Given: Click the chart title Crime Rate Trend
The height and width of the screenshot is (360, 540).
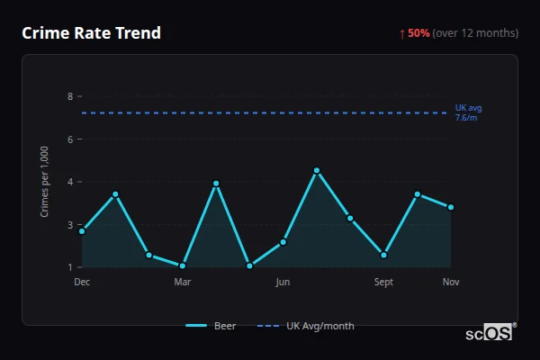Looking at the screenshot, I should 92,33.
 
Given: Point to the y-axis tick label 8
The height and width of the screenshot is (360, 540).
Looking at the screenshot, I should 70,96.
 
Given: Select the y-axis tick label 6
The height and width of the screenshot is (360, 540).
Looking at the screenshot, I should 70,139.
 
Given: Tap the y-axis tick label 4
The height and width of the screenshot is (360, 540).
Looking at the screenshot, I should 70,182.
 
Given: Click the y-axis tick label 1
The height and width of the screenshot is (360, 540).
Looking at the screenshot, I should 70,267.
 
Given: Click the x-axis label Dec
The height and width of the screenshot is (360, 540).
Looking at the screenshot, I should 82,282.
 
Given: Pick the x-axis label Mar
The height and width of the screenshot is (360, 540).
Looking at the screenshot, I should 183,282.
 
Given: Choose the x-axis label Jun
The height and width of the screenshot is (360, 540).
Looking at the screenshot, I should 283,282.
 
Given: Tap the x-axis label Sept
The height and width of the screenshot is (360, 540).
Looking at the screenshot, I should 384,282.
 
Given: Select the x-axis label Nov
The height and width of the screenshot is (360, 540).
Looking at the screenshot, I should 451,282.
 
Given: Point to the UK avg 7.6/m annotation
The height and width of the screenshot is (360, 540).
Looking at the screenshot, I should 468,112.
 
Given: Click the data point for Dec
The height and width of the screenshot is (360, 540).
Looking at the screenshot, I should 82,231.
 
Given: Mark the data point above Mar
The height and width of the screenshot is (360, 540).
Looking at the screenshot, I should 183,265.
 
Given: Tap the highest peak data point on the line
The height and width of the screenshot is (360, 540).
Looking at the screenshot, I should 317,171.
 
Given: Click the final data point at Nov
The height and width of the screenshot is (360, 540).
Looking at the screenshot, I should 451,207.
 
